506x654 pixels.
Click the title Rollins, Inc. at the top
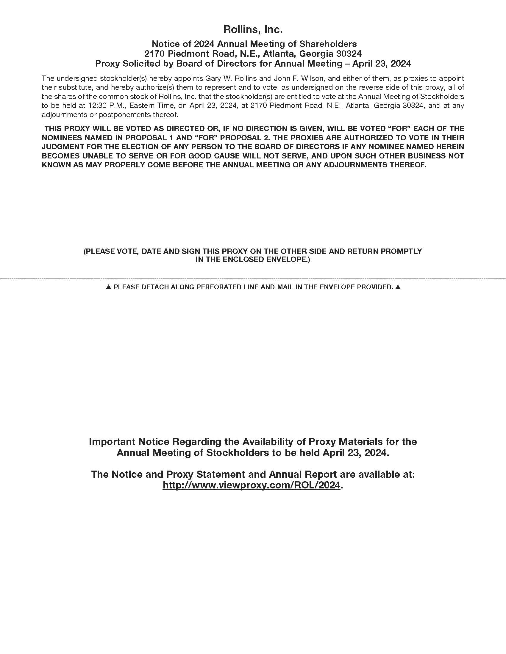[253, 29]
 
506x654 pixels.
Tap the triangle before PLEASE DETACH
[109, 287]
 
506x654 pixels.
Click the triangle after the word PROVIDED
[398, 287]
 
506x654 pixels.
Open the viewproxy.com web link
[252, 485]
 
